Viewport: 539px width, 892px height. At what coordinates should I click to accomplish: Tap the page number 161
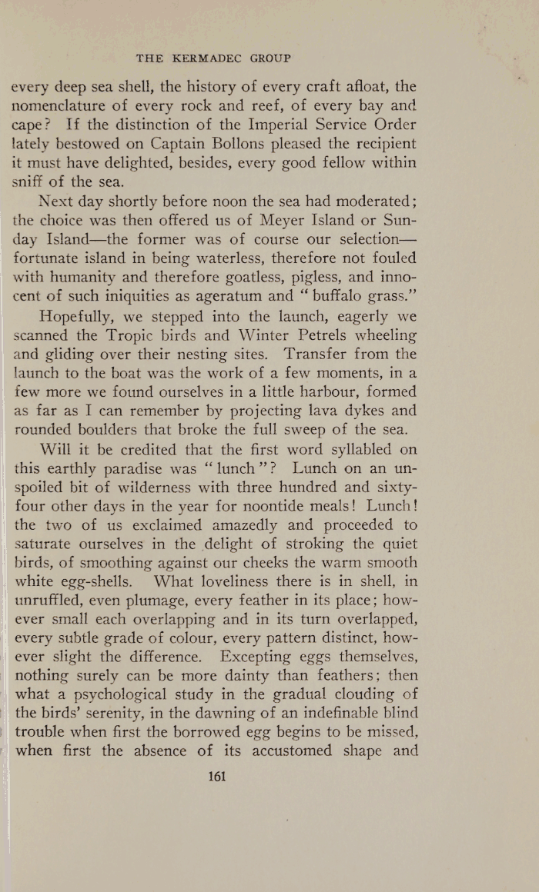217,777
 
